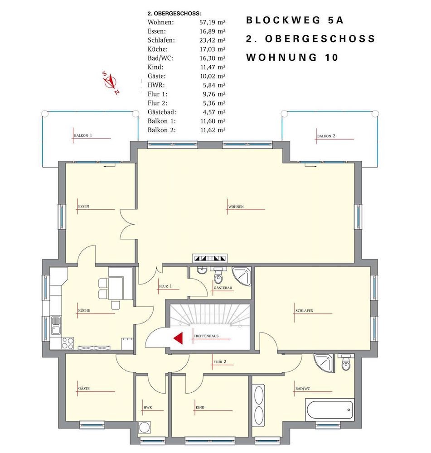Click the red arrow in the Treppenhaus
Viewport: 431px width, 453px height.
tap(179, 338)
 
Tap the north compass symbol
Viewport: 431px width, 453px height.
tap(111, 82)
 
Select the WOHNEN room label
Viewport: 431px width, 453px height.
tap(236, 207)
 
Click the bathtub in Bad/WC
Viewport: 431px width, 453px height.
tap(330, 410)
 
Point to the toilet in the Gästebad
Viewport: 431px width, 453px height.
tap(218, 275)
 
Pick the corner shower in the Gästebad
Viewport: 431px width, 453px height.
tap(242, 276)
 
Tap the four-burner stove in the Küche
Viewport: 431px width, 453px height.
tap(68, 343)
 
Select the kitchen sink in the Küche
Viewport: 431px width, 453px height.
tap(55, 325)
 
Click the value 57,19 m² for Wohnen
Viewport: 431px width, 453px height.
tap(212, 22)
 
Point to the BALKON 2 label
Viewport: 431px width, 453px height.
tap(326, 136)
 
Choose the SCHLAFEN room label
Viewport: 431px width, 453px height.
tap(304, 311)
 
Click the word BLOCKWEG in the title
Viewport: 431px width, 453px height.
tap(283, 20)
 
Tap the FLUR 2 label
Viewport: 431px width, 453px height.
tap(220, 361)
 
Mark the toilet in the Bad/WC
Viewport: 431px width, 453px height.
tap(346, 362)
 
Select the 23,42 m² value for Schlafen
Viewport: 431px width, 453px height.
tap(212, 40)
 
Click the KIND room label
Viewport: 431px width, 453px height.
tap(200, 407)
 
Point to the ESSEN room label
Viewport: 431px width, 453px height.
tap(83, 207)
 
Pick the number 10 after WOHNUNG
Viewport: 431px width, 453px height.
tap(331, 58)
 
